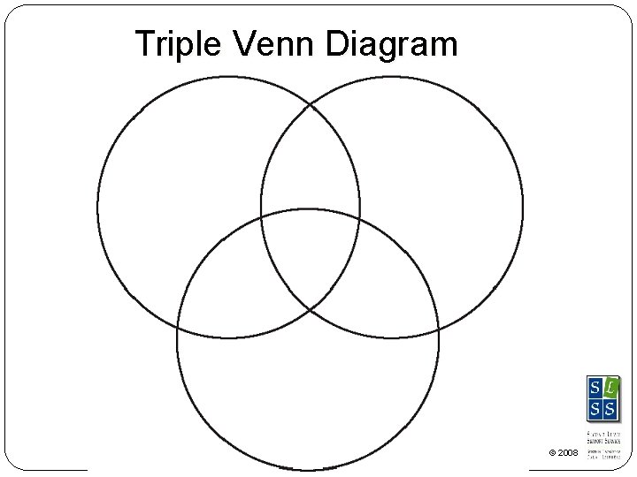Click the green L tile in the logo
pos(610,387)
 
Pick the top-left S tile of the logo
pos(594,387)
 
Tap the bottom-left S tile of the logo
pos(594,408)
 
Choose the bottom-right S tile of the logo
pos(610,408)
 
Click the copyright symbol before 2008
pos(552,453)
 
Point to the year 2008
pos(569,453)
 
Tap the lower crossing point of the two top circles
pos(310,309)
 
